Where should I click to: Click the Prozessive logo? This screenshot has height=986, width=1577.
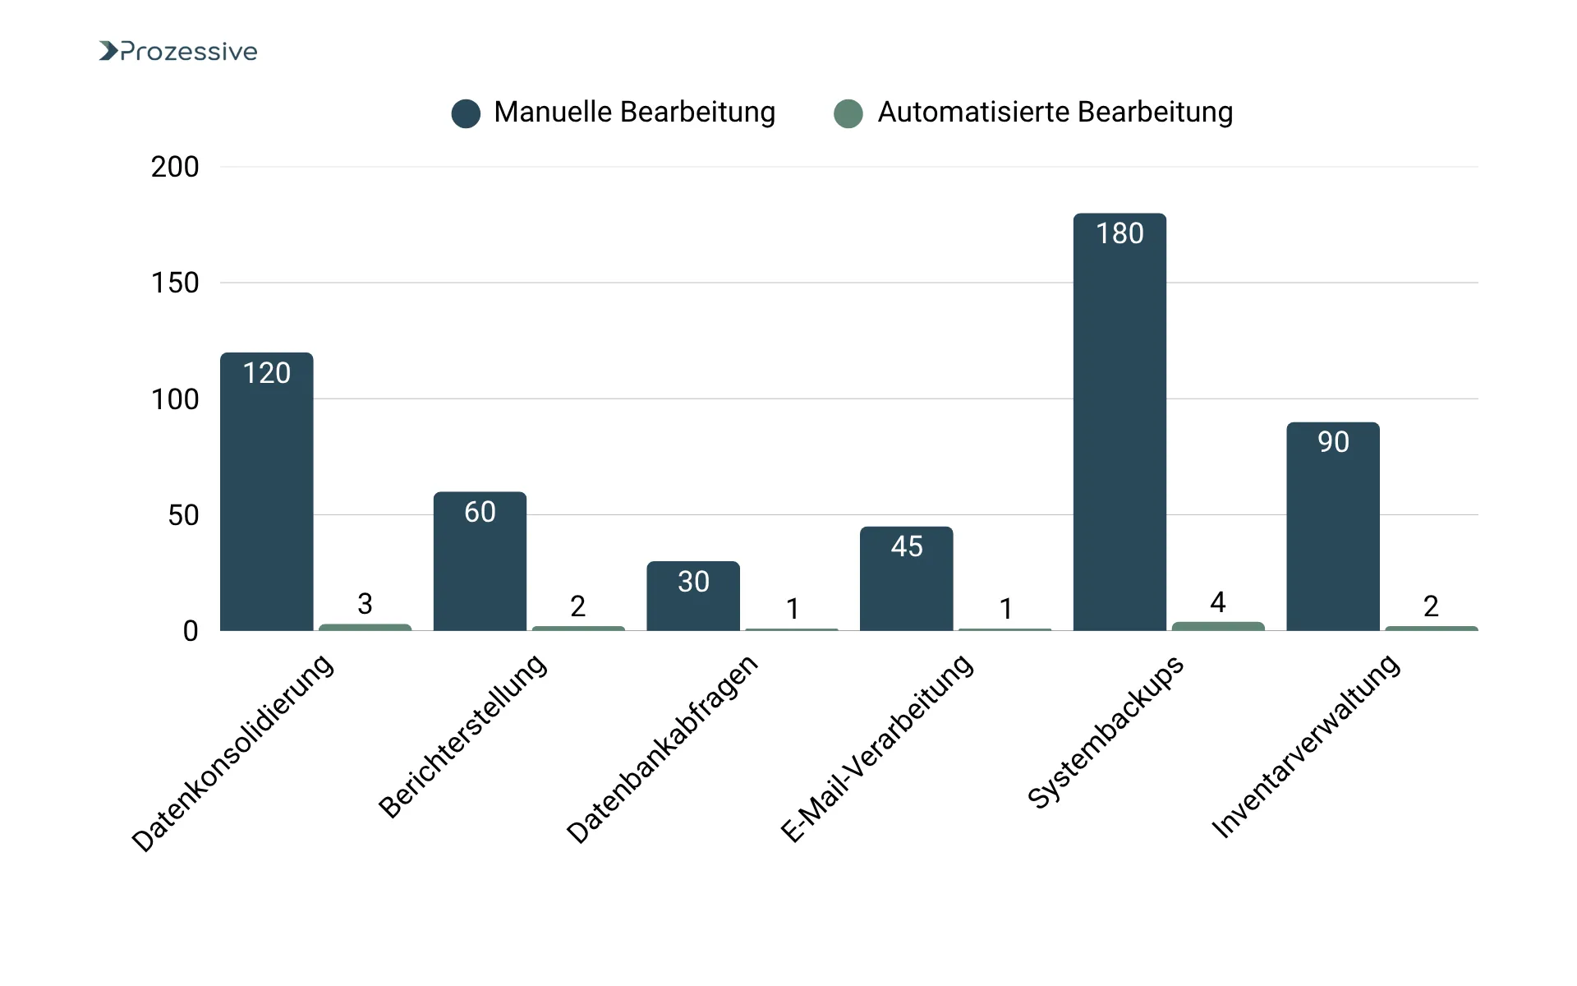(x=177, y=51)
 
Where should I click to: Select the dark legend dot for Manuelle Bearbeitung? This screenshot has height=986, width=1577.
(x=466, y=113)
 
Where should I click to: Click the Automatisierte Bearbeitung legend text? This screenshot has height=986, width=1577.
(x=1055, y=112)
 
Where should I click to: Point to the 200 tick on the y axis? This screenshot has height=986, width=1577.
(x=175, y=167)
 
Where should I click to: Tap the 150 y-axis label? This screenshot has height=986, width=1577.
(x=175, y=283)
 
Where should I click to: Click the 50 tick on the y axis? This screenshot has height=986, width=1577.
(x=183, y=515)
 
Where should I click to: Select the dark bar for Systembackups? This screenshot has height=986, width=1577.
(x=1120, y=427)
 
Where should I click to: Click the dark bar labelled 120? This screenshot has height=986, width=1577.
(x=267, y=493)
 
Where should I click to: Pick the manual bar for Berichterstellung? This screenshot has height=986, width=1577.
(x=480, y=567)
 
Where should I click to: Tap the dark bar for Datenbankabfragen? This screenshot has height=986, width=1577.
(x=693, y=600)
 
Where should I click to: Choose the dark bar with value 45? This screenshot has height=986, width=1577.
(x=906, y=583)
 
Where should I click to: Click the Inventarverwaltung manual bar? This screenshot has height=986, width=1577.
(x=1332, y=534)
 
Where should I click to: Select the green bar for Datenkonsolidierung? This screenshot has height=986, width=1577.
(x=365, y=628)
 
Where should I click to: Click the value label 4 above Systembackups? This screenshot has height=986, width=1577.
(x=1218, y=602)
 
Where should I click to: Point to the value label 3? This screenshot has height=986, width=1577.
(x=365, y=604)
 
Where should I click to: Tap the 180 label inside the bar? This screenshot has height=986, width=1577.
(x=1120, y=233)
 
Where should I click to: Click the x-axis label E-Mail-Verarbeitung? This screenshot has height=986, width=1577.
(x=876, y=748)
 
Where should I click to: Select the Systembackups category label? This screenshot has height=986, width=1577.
(x=1106, y=731)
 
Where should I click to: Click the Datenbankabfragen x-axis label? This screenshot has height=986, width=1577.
(x=662, y=749)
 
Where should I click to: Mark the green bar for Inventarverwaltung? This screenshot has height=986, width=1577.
(x=1431, y=629)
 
